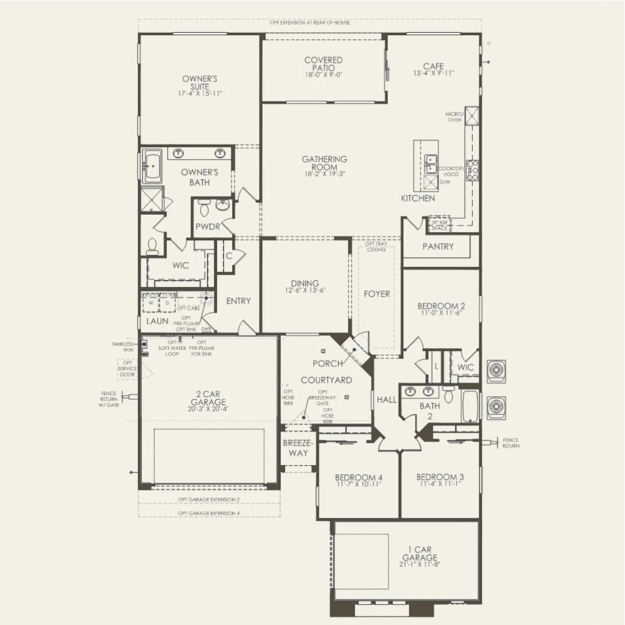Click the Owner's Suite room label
200,83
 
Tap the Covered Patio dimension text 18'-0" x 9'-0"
324,75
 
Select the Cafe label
433,66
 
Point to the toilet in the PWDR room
204,207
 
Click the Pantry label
437,246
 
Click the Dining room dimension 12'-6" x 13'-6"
305,291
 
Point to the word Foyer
377,294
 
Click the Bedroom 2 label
441,306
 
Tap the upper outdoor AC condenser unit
496,369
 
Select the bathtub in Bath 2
470,406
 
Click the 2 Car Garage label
208,398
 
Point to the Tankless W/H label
122,347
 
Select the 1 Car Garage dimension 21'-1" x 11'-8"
420,565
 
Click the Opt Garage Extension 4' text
209,514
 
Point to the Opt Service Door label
127,368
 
